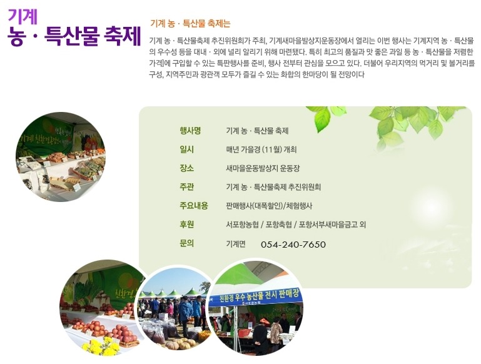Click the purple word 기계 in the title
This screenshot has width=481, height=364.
(23, 16)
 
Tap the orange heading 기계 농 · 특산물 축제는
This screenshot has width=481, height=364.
(190, 23)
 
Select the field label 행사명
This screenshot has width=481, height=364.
(190, 131)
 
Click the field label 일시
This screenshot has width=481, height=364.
(186, 149)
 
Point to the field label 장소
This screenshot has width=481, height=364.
(186, 168)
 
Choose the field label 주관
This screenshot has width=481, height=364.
(186, 187)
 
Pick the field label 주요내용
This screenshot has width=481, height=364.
(193, 206)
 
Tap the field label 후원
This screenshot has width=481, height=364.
(186, 224)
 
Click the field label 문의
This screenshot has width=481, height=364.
(186, 243)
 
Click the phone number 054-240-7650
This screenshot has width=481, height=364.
(293, 245)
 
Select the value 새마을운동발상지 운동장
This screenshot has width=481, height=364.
(263, 168)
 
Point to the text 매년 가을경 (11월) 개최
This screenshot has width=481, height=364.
(261, 149)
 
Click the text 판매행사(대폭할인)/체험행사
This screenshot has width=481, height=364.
(269, 206)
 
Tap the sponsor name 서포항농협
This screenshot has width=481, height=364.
(242, 225)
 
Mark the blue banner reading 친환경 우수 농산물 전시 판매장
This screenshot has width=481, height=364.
(255, 296)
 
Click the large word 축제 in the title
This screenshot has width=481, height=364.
(123, 36)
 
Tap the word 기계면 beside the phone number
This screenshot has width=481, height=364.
(236, 243)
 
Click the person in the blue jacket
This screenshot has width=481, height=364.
(185, 315)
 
